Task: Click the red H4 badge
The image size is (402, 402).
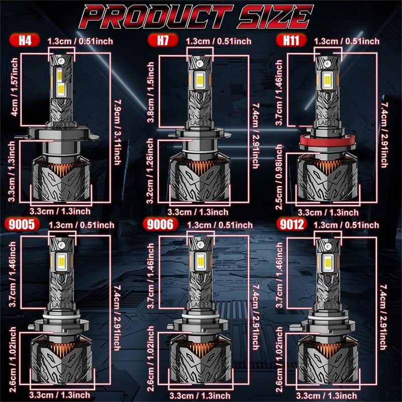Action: pyautogui.click(x=25, y=41)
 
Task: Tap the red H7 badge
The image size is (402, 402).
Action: pyautogui.click(x=163, y=41)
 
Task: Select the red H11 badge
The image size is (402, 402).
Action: pyautogui.click(x=291, y=41)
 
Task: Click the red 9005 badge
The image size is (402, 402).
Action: pyautogui.click(x=22, y=224)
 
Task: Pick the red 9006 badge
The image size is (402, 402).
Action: pyautogui.click(x=161, y=224)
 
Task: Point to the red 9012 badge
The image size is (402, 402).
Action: pyautogui.click(x=291, y=224)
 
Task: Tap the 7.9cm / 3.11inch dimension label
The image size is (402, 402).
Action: pyautogui.click(x=118, y=132)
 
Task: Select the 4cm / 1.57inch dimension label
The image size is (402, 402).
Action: pyautogui.click(x=15, y=87)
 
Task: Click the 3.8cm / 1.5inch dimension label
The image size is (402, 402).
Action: pyautogui.click(x=151, y=92)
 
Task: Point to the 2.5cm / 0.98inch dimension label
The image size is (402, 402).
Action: pyautogui.click(x=279, y=177)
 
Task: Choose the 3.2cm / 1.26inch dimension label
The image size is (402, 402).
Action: pyautogui.click(x=150, y=171)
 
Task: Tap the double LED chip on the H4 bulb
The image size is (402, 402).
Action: pyautogui.click(x=60, y=83)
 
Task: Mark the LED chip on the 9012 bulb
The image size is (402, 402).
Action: pyautogui.click(x=328, y=261)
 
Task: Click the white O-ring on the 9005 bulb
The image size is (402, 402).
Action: pyautogui.click(x=61, y=317)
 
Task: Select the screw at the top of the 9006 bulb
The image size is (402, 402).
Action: pyautogui.click(x=200, y=244)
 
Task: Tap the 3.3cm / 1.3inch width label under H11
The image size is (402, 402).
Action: pyautogui.click(x=328, y=213)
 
